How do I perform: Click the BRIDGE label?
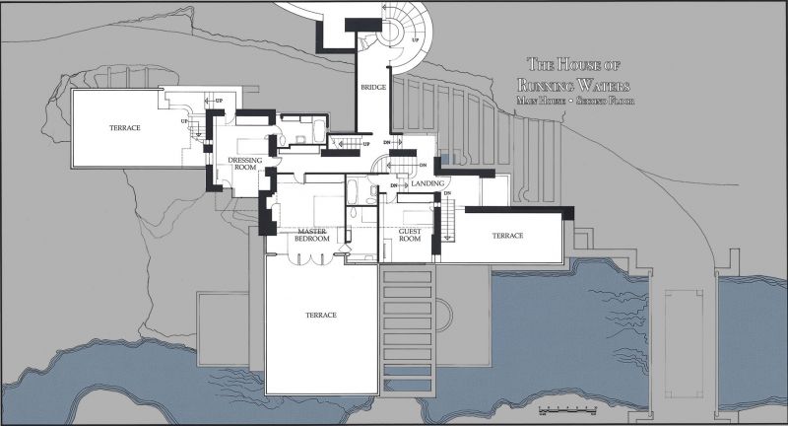(x=372, y=87)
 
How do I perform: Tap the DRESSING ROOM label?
(x=245, y=163)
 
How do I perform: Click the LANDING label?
(x=430, y=183)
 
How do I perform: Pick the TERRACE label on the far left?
(x=124, y=128)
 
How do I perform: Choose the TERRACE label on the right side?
(x=507, y=236)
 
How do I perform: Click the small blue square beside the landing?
(x=445, y=161)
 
